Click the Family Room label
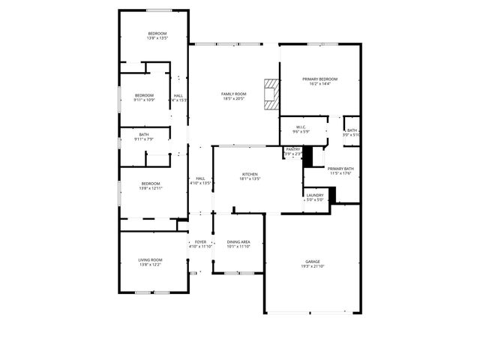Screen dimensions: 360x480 (233, 94)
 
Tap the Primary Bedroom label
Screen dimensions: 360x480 (319, 79)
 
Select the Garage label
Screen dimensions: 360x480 (312, 262)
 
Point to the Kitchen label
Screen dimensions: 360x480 (249, 174)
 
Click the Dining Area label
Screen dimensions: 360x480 (238, 241)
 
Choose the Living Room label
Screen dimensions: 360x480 (151, 259)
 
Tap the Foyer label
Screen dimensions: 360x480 (200, 241)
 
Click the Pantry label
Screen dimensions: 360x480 (293, 149)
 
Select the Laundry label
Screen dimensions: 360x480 (314, 195)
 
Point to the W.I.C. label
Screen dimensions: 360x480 (301, 127)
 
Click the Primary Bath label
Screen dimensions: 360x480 (340, 169)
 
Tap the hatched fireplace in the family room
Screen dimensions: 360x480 (270, 94)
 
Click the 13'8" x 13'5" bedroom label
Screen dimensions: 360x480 (157, 34)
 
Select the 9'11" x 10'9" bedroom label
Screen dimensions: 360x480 (144, 95)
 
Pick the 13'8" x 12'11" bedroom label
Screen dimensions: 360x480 (151, 184)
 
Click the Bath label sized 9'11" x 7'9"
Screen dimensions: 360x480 (144, 134)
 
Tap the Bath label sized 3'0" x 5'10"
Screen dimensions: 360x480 (352, 130)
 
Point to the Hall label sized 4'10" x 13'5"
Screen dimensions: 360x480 (200, 178)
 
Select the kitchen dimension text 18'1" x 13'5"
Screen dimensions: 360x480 (249, 179)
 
